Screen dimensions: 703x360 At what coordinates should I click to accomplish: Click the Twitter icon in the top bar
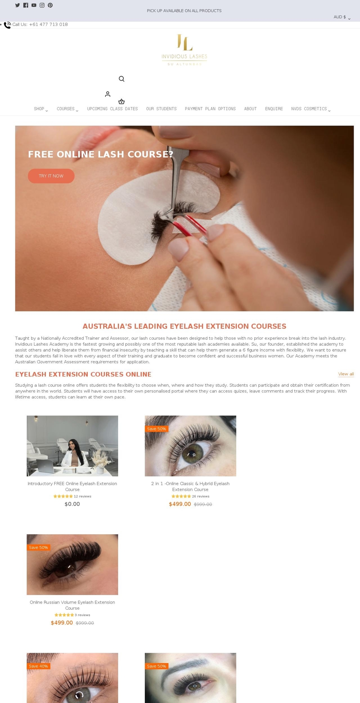pyautogui.click(x=17, y=5)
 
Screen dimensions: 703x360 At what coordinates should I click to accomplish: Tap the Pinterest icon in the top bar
pyautogui.click(x=50, y=5)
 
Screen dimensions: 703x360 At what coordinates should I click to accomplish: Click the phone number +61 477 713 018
pyautogui.click(x=48, y=24)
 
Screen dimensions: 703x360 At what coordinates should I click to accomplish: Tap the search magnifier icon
pyautogui.click(x=121, y=79)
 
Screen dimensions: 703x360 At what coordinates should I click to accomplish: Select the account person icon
pyautogui.click(x=108, y=94)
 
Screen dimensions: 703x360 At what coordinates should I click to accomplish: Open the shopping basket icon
pyautogui.click(x=121, y=102)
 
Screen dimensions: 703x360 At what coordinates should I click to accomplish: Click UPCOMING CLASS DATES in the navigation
pyautogui.click(x=112, y=109)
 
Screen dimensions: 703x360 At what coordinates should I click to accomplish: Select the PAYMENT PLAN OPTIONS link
pyautogui.click(x=210, y=109)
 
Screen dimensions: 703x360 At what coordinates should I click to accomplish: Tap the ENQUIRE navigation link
pyautogui.click(x=274, y=109)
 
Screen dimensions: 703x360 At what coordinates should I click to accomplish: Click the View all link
pyautogui.click(x=346, y=374)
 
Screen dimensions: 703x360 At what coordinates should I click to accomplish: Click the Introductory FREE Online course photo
pyautogui.click(x=72, y=446)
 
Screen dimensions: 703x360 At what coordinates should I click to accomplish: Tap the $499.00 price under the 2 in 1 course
pyautogui.click(x=180, y=504)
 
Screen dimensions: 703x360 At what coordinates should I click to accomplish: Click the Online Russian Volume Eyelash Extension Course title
pyautogui.click(x=72, y=605)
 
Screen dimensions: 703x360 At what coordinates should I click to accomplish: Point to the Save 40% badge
pyautogui.click(x=39, y=666)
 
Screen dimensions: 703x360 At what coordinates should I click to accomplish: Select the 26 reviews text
pyautogui.click(x=201, y=496)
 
